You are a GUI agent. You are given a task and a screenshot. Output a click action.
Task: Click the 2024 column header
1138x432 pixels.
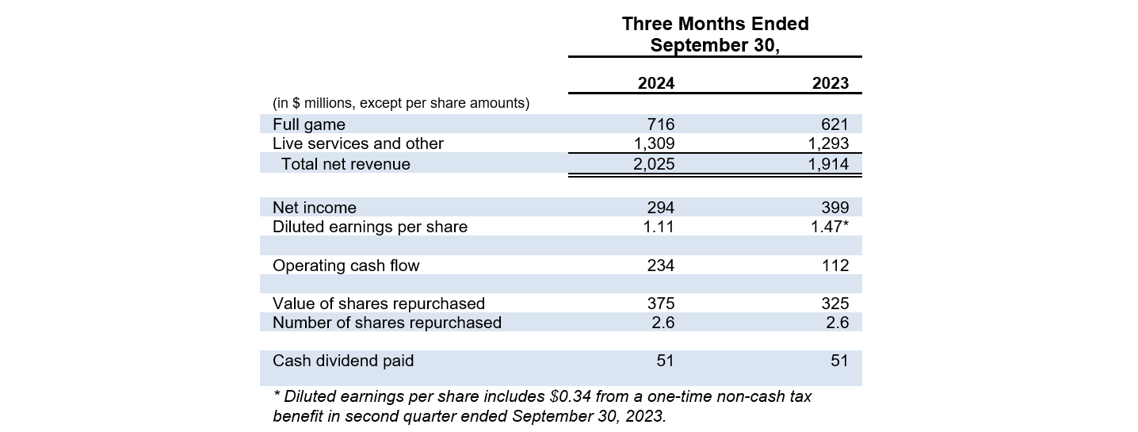point(656,83)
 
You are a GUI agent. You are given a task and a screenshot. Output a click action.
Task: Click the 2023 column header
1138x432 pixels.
point(831,83)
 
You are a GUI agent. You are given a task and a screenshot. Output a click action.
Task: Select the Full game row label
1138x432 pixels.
point(309,124)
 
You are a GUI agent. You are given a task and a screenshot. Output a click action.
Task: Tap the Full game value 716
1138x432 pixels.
point(661,124)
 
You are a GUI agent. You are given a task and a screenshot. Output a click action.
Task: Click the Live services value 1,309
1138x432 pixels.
point(654,143)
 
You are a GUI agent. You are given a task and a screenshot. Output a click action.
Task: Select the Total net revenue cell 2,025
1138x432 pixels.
point(654,164)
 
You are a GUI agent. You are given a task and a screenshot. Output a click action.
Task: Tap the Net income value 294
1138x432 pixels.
point(661,208)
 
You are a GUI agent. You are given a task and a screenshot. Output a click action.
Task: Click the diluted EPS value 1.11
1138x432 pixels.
point(659,227)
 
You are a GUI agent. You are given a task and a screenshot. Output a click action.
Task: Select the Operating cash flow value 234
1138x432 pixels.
point(661,266)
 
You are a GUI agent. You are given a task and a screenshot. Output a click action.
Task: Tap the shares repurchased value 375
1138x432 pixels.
point(661,304)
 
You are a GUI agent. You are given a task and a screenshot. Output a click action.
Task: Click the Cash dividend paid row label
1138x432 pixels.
point(343,361)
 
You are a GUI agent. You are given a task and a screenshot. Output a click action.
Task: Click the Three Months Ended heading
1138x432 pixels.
point(715,24)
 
